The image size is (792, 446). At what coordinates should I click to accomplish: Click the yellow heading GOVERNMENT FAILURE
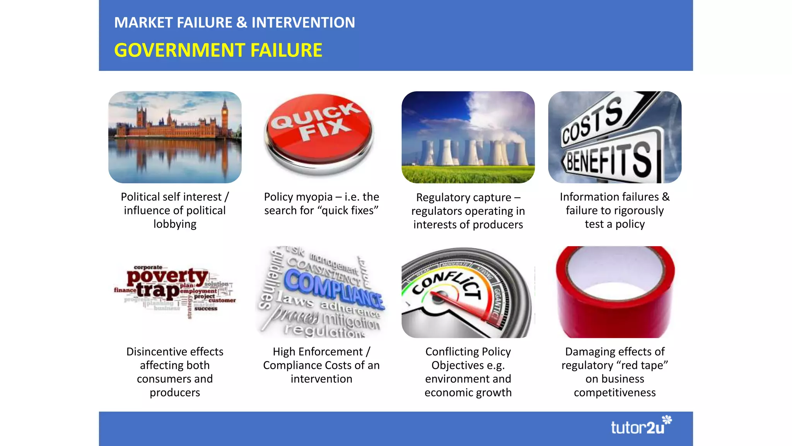click(x=218, y=50)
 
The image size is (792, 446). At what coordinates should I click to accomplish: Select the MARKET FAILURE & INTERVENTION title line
click(x=234, y=22)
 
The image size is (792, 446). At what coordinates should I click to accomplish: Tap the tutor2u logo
click(x=640, y=426)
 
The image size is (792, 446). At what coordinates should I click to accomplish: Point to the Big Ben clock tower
click(x=225, y=116)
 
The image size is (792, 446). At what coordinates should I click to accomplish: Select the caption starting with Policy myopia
click(x=321, y=204)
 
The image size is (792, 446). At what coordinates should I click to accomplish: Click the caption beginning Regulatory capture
click(x=468, y=211)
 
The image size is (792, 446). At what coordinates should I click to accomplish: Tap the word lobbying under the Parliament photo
click(x=175, y=224)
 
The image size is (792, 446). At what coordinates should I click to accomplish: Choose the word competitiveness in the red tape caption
click(x=614, y=393)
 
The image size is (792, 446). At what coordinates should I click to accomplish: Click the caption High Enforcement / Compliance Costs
click(x=321, y=365)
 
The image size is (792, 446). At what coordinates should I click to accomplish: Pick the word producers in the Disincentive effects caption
click(x=175, y=393)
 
